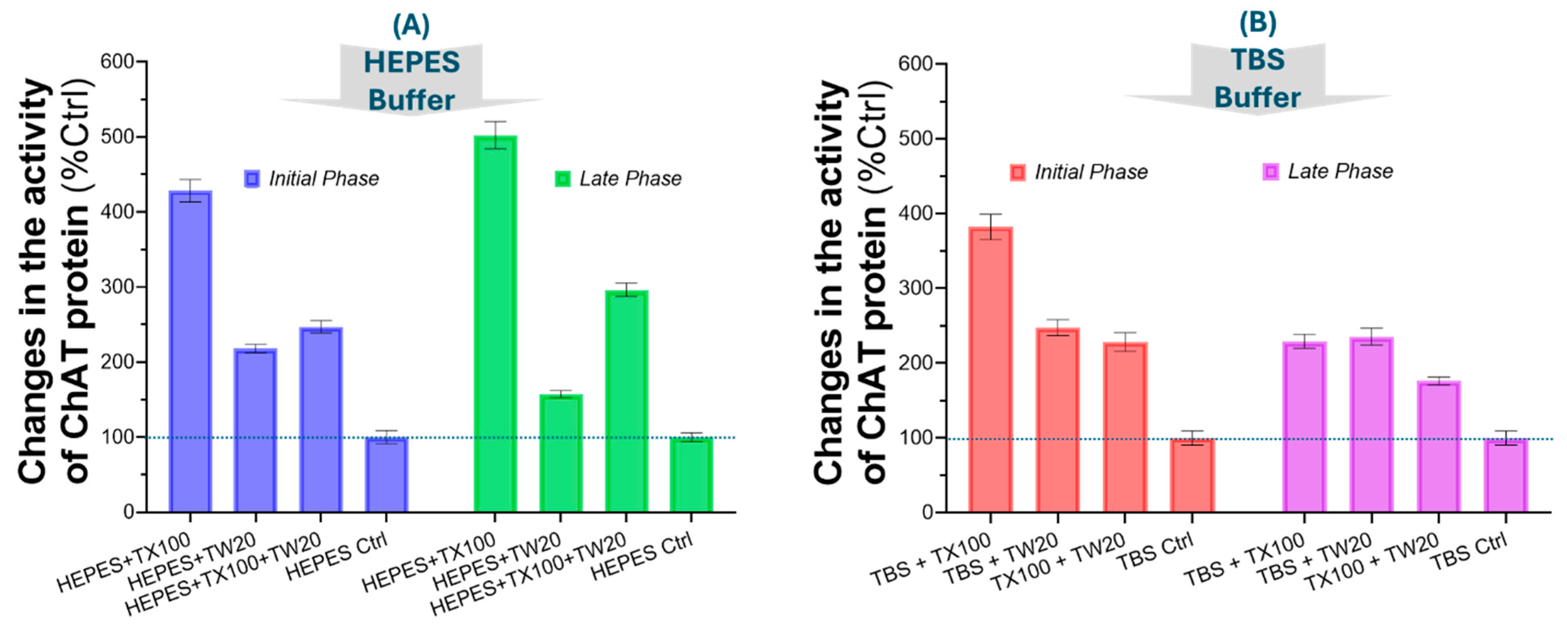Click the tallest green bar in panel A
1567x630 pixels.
[495, 323]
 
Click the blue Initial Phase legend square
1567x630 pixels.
[252, 179]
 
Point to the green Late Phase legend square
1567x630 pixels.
[563, 179]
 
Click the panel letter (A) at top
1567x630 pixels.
[411, 26]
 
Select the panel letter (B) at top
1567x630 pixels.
[1257, 23]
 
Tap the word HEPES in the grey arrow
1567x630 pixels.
[412, 63]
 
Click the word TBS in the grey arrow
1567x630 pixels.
[1257, 59]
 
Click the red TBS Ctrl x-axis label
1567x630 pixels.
[1156, 551]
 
